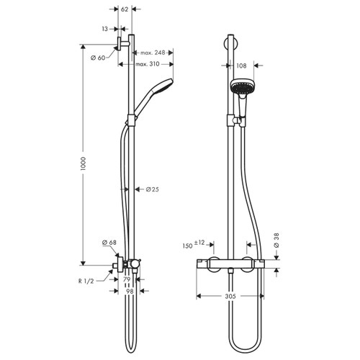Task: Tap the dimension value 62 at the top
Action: pos(125,9)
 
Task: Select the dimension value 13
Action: pos(105,29)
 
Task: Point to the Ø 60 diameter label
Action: pos(96,57)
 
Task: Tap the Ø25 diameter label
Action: pos(153,189)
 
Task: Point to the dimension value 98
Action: pos(130,292)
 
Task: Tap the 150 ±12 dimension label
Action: pos(195,245)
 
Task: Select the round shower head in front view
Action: pos(241,87)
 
